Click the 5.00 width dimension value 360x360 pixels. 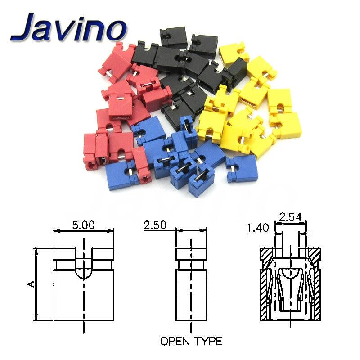coord(83,224)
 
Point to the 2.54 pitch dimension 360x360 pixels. coord(290,217)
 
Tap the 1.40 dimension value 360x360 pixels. coord(258,229)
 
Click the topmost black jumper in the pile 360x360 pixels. coord(173,37)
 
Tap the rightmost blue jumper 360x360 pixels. coord(238,168)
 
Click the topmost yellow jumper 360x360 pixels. coord(234,54)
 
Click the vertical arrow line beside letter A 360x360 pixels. coord(36,283)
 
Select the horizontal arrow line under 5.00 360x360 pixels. coord(83,231)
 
